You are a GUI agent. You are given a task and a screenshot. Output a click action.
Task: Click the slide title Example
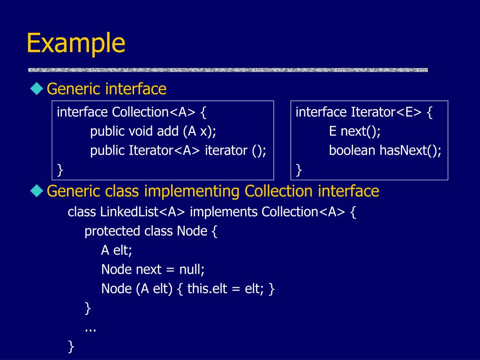pyautogui.click(x=76, y=43)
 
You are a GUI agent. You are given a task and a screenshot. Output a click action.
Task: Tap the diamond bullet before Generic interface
pyautogui.click(x=37, y=88)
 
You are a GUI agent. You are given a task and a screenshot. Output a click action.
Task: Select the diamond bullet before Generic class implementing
pyautogui.click(x=37, y=191)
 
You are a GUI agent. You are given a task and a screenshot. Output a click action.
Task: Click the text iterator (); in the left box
pyautogui.click(x=235, y=150)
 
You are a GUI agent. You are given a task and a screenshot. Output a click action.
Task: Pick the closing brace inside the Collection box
pyautogui.click(x=60, y=170)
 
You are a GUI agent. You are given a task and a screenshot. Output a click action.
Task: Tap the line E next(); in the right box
pyautogui.click(x=355, y=131)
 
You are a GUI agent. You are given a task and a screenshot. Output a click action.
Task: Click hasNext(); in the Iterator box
pyautogui.click(x=411, y=150)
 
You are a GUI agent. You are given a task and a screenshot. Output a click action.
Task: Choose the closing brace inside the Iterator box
pyautogui.click(x=299, y=170)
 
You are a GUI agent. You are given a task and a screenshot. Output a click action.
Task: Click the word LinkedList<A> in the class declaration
pyautogui.click(x=143, y=212)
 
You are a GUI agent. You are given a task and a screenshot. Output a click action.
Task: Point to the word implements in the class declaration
pyautogui.click(x=224, y=212)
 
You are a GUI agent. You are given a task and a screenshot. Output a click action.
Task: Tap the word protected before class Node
pyautogui.click(x=112, y=231)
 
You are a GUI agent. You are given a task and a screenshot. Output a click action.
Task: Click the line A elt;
pyautogui.click(x=117, y=250)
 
